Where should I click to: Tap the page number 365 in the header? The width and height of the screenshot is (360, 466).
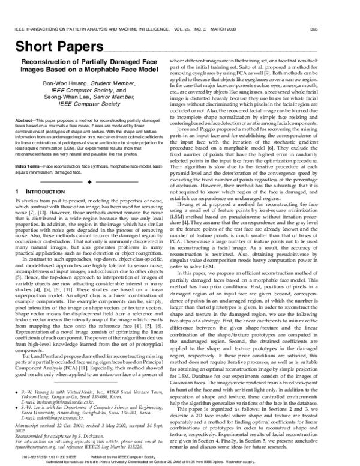tap(347, 29)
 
